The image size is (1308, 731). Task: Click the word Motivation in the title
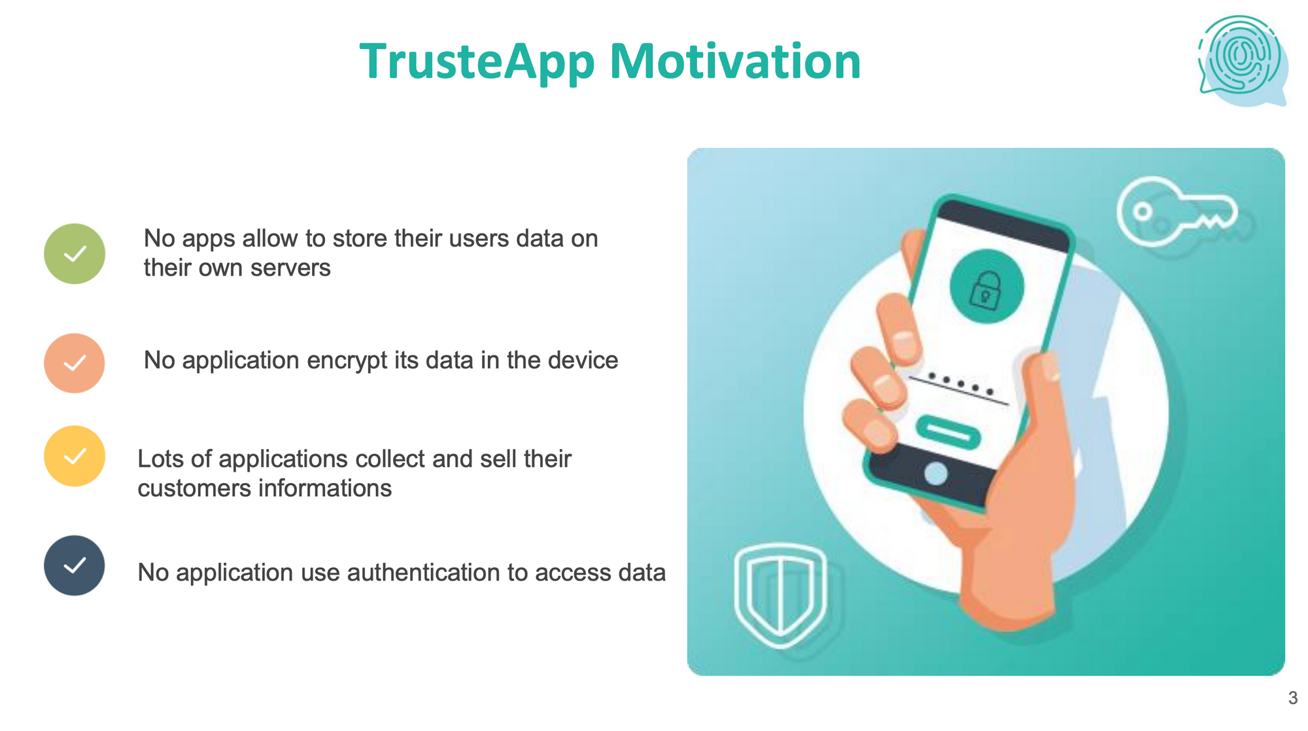[735, 61]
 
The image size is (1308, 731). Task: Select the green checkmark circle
[75, 254]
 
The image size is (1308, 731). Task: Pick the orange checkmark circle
[75, 363]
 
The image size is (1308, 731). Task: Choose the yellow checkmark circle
[75, 456]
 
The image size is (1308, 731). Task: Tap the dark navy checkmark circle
[75, 565]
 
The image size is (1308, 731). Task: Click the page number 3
[1293, 698]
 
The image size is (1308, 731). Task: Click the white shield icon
[780, 595]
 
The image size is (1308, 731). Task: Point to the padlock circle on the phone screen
[986, 287]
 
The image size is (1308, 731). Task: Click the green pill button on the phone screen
[948, 432]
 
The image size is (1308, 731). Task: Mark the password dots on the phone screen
[961, 383]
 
